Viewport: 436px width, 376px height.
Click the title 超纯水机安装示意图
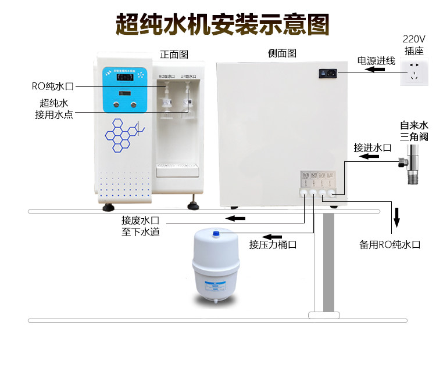click(223, 25)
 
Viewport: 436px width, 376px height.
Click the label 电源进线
click(376, 60)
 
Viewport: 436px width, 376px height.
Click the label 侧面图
click(282, 54)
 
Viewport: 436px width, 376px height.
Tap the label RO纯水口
click(53, 86)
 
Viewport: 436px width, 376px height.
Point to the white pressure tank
click(215, 265)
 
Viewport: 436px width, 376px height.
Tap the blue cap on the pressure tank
click(216, 234)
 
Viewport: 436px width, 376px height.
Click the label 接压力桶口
click(273, 244)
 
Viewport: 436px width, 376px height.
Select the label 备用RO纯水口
click(389, 244)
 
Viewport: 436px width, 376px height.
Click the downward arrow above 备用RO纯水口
click(398, 216)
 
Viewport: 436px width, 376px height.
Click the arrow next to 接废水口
click(235, 219)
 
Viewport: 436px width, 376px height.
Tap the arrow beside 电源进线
click(375, 70)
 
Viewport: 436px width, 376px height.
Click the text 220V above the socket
click(414, 39)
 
